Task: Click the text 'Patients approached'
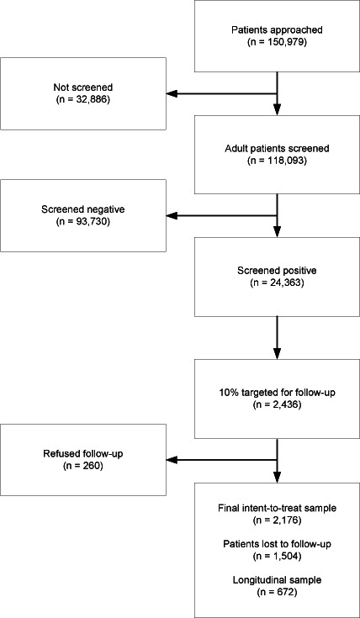tap(277, 29)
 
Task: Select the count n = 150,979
tap(277, 40)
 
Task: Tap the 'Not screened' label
tap(82, 88)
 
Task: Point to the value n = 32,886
tap(82, 99)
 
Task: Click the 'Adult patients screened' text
tap(277, 151)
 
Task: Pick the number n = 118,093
tap(277, 161)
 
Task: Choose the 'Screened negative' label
tap(82, 210)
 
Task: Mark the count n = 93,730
tap(82, 220)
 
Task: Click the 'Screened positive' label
tap(277, 272)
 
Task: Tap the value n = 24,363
tap(277, 283)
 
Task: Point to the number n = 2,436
tap(277, 405)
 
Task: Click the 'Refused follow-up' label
tap(82, 453)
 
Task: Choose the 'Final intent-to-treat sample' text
tap(277, 509)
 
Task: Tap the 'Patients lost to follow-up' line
tap(277, 544)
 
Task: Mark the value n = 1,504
tap(277, 557)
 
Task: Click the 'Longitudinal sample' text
tap(277, 580)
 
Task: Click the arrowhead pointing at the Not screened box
tap(172, 94)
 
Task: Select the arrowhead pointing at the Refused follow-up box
tap(172, 459)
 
